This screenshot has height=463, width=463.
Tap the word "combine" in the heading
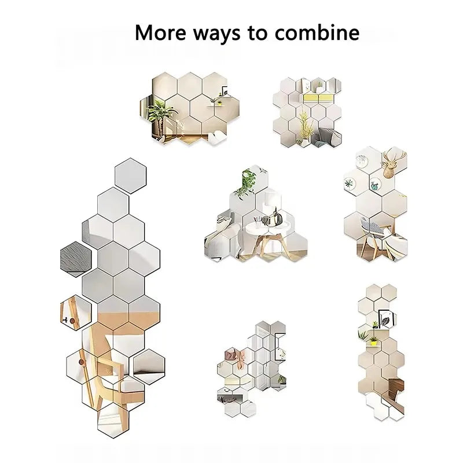point(317,32)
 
